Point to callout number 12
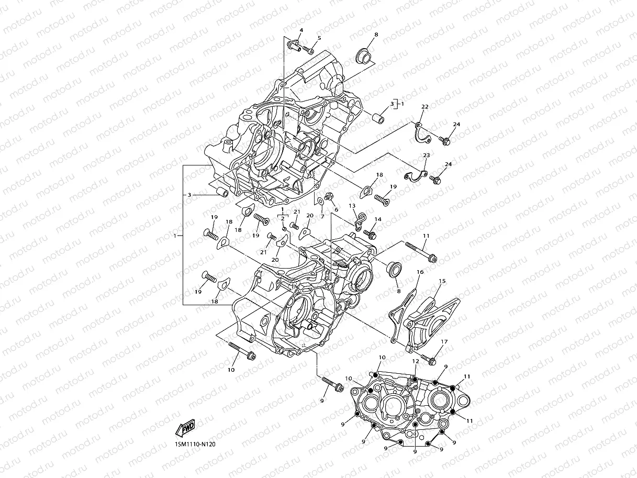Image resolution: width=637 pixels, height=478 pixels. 415,361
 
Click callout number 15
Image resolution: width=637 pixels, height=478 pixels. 442,281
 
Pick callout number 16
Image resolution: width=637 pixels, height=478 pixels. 420,272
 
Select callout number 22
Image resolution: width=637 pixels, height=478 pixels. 425,107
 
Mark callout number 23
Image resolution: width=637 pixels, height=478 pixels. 426,155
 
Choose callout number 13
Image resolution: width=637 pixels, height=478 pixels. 352,206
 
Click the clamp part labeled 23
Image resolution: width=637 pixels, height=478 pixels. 417,176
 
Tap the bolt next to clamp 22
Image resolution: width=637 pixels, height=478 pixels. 445,141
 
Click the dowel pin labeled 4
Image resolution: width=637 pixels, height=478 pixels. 293,47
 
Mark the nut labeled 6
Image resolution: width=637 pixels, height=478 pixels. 329,197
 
